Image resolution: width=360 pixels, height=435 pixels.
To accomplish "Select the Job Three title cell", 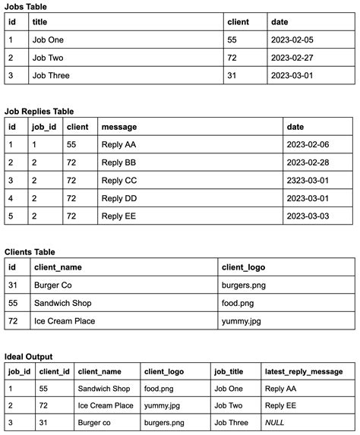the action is coord(50,74).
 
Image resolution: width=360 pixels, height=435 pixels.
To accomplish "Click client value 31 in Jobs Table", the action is coord(233,74).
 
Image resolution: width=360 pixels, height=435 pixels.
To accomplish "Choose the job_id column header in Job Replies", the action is coord(42,127).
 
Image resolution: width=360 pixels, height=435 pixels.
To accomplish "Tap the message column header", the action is coord(119,127).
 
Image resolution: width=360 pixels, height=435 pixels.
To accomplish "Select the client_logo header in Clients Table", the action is coord(243,267).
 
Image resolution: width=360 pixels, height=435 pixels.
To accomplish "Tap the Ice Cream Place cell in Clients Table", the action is coord(65,320).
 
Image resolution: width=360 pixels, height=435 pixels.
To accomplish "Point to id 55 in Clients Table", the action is coord(12,303).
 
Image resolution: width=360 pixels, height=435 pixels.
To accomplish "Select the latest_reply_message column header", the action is coord(304,371).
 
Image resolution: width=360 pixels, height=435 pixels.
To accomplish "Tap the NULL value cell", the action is coord(273,422).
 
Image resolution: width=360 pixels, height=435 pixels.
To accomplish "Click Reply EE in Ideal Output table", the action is coord(281,405).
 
